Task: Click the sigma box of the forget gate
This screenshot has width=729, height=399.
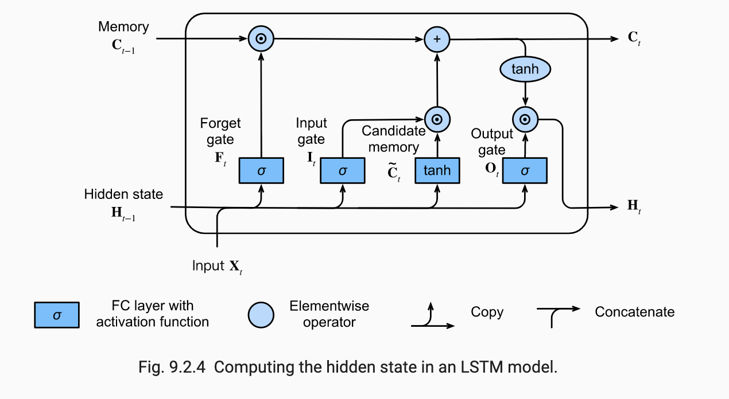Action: point(261,170)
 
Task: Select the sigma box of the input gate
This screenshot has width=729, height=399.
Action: point(343,170)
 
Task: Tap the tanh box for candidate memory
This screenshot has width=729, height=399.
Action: point(437,170)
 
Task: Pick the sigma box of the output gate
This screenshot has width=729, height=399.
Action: point(525,170)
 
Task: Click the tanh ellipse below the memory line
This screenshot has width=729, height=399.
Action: point(525,69)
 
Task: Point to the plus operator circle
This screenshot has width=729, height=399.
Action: point(437,40)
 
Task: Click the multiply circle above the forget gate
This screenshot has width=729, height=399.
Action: point(261,40)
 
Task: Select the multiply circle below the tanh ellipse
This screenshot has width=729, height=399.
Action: point(525,120)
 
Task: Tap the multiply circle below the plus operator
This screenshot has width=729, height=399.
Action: point(437,120)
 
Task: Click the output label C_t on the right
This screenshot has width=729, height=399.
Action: point(634,39)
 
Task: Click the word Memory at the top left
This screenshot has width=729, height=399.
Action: point(123,26)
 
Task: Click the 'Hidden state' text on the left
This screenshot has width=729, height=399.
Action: point(123,194)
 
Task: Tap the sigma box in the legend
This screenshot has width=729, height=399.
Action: point(56,315)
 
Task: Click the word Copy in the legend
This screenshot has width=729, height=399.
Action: point(487,312)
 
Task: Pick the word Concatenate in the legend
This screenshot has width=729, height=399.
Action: point(634,312)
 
